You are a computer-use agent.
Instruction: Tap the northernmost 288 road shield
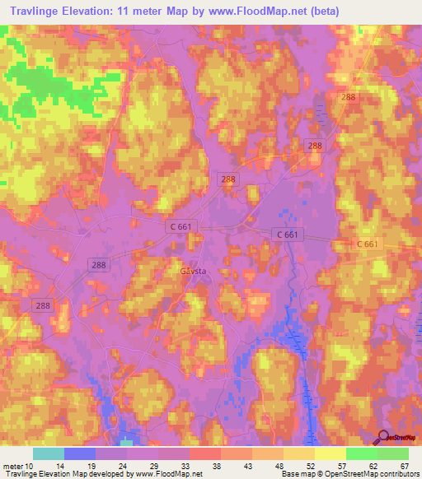[x=349, y=97]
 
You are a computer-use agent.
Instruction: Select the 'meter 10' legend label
[x=17, y=467]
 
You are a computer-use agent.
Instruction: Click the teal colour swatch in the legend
[x=49, y=453]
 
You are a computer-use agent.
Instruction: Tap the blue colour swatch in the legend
[x=80, y=453]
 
